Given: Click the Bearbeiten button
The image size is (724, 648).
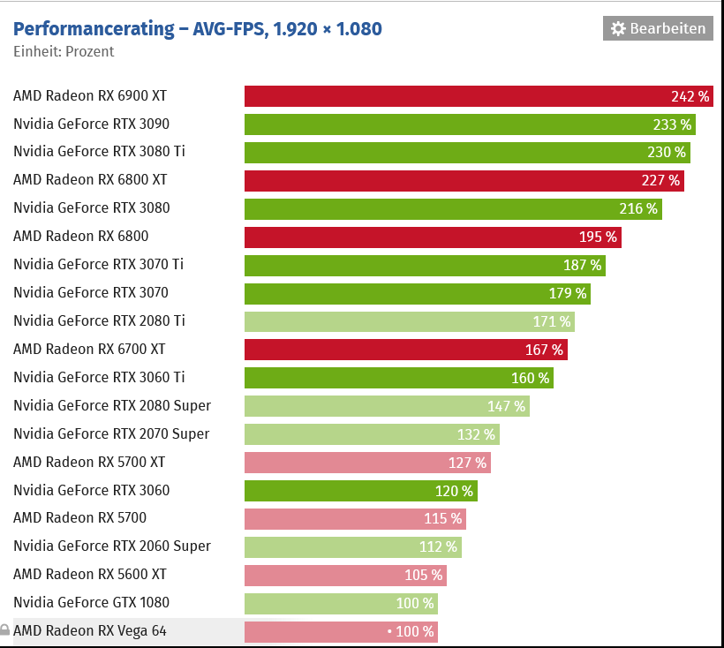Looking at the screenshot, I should (658, 28).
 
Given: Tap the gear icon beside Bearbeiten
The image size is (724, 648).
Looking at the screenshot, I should (618, 28).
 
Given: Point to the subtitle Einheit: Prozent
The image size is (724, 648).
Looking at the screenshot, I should (64, 51).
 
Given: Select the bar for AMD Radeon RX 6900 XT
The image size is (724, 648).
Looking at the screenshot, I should (477, 95).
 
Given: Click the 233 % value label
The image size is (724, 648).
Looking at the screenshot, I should (672, 124).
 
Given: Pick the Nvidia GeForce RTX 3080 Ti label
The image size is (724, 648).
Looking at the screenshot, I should (99, 152).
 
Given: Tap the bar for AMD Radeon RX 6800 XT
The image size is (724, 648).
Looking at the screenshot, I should (464, 180).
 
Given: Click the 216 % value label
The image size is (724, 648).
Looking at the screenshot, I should (638, 208).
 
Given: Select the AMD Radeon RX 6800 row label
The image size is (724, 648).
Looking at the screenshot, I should (80, 237).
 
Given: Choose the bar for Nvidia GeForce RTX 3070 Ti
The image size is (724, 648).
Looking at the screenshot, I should (424, 265).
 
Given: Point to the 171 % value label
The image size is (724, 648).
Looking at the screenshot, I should (552, 321).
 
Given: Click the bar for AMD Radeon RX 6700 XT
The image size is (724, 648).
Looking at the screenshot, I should (405, 350).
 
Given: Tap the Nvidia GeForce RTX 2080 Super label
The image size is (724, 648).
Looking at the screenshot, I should (112, 406).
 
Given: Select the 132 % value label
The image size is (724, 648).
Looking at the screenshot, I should (476, 434).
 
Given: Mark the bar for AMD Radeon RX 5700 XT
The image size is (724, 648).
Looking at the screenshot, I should (366, 463).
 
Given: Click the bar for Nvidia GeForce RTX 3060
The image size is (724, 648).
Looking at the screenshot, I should (360, 491).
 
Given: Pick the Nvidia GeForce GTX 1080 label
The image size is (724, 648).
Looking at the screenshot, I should (91, 603).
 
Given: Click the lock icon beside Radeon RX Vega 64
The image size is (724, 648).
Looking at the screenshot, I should (5, 631).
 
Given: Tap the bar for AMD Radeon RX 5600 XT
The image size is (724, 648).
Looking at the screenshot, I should (344, 576).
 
